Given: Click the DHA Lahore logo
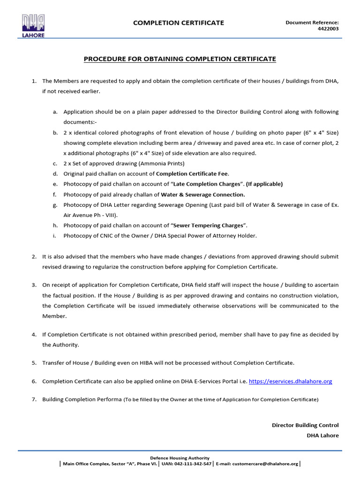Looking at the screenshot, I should tap(33, 26).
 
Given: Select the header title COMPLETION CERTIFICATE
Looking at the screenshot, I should tap(179, 23).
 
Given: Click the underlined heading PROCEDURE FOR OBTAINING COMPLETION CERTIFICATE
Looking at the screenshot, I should tap(180, 59).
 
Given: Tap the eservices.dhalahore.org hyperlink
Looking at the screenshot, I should tap(290, 382).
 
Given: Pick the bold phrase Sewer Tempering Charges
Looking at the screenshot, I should tap(209, 225).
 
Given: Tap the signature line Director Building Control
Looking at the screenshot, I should tap(305, 425).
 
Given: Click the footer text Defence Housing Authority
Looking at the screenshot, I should tap(180, 458).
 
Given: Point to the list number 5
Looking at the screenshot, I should tap(34, 363).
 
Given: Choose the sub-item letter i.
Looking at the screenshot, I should tap(55, 236).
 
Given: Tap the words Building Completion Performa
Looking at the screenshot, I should tap(82, 400).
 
